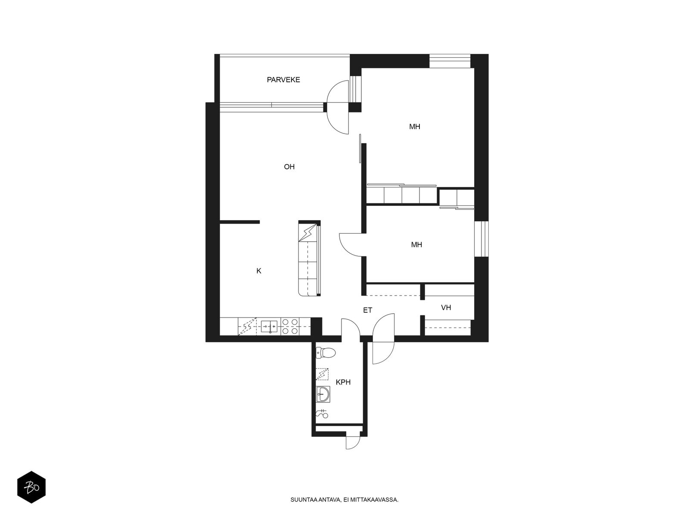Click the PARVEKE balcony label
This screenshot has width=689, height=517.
click(x=283, y=80)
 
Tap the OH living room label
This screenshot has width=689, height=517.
click(x=289, y=167)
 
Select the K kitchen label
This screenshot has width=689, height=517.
click(x=259, y=271)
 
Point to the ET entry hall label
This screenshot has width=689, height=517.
click(x=367, y=310)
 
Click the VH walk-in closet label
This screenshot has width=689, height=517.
click(x=446, y=307)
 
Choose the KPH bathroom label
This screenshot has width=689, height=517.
click(x=343, y=382)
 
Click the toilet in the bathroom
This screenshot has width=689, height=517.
click(x=326, y=353)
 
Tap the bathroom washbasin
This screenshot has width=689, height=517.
click(x=323, y=394)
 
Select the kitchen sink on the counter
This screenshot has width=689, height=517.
click(x=269, y=327)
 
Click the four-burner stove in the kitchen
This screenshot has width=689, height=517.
click(x=290, y=327)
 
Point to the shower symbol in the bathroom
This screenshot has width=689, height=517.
click(x=322, y=414)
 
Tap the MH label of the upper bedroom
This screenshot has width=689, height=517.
click(x=414, y=127)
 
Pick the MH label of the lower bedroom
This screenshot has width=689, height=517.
click(x=416, y=245)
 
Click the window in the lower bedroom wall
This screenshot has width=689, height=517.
click(x=481, y=239)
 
